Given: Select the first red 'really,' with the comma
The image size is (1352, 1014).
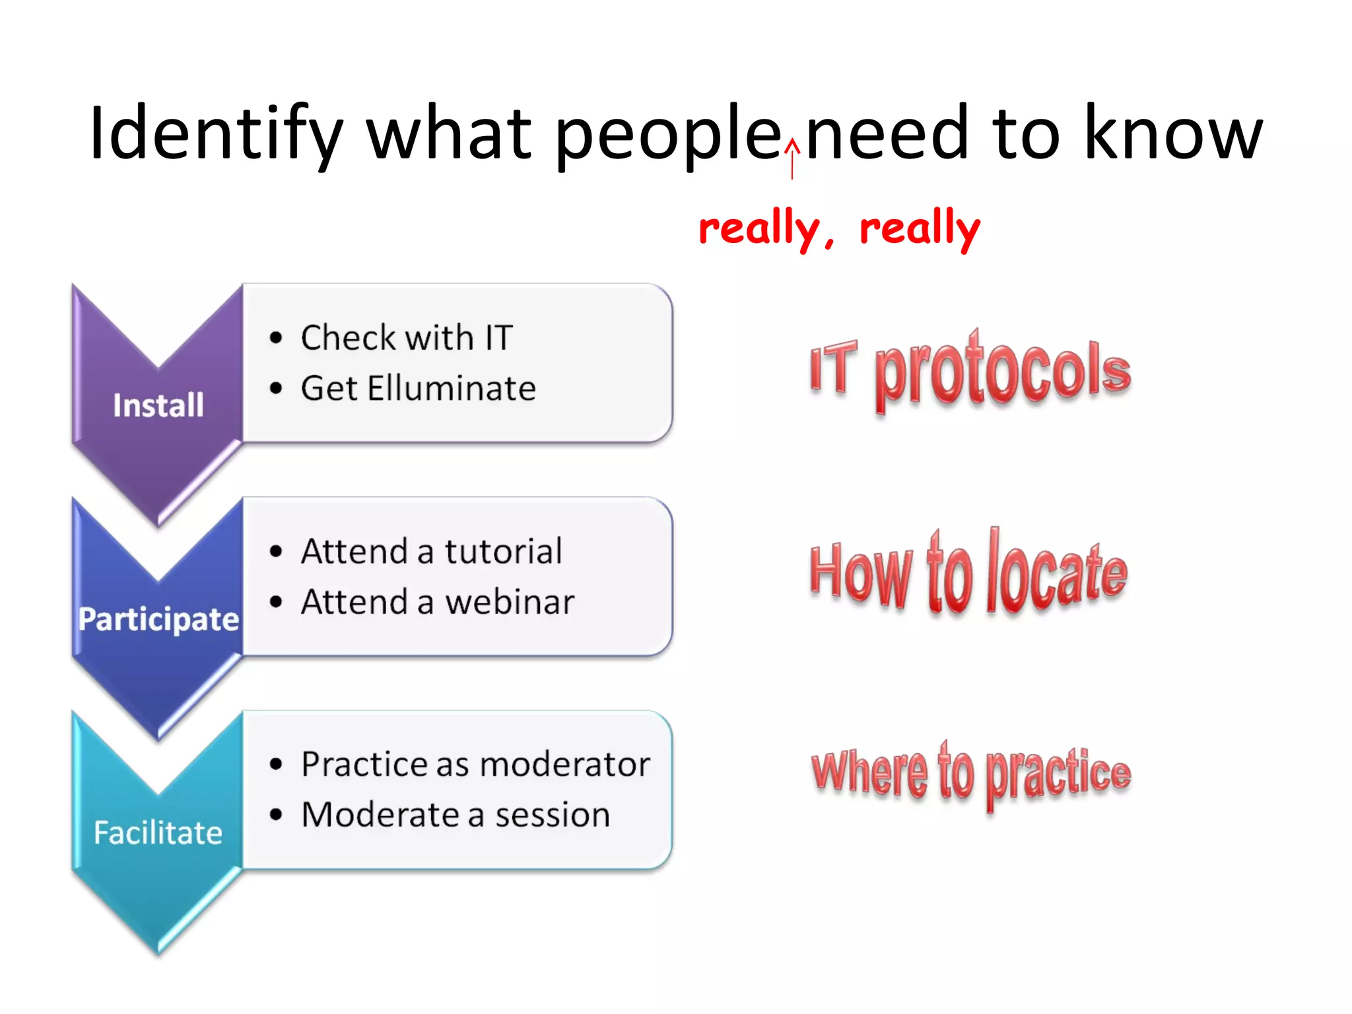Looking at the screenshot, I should (x=766, y=228).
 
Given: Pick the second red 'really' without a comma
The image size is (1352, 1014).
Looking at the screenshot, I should (x=920, y=228).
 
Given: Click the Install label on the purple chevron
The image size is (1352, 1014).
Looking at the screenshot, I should (x=158, y=405).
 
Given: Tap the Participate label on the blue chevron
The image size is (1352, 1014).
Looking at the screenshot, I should (x=158, y=619).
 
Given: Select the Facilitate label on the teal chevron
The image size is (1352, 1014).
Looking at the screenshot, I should (x=158, y=832).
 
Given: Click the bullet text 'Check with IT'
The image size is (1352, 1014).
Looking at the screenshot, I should (x=407, y=338).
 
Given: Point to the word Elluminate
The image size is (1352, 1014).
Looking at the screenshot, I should (x=452, y=388).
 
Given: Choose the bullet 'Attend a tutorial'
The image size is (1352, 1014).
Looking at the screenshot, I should (x=431, y=551).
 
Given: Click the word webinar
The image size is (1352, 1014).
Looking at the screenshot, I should (x=510, y=602).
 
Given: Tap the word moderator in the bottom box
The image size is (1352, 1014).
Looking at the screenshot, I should (x=565, y=764).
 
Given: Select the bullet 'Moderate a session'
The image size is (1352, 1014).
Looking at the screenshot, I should (x=456, y=815).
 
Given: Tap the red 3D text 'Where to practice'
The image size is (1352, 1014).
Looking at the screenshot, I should (x=970, y=774).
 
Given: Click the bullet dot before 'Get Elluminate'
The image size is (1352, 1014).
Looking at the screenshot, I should (x=276, y=388).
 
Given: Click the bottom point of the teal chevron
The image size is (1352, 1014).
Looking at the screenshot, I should (x=158, y=953).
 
